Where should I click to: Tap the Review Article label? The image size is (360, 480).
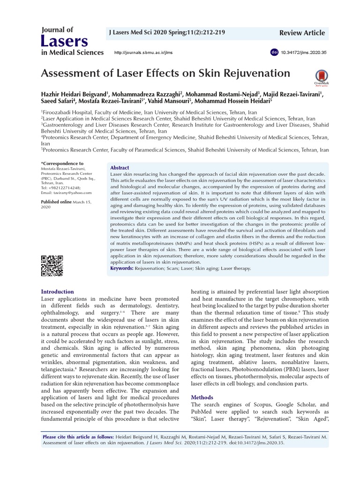coord(301,32)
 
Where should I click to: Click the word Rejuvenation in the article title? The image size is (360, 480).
coord(254,73)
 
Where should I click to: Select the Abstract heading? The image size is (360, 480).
coord(120,168)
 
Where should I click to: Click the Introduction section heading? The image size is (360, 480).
coord(58,292)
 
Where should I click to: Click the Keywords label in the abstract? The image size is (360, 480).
coord(122,269)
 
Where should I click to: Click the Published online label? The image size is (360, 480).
coord(57,202)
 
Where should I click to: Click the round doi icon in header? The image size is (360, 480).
coord(274,52)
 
